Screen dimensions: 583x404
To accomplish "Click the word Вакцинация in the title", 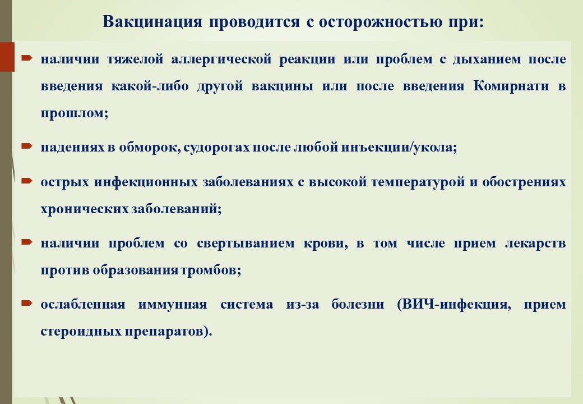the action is pos(152,22).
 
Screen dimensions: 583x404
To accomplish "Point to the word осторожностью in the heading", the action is pos(381,22).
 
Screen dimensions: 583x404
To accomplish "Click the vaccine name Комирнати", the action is pos(511,86).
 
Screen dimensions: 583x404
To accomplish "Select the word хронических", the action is pos(85,209).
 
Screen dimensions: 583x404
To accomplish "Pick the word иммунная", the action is pos(173,305).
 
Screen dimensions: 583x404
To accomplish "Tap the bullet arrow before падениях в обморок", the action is pos(27,146).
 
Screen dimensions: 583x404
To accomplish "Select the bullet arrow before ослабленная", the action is pos(27,303).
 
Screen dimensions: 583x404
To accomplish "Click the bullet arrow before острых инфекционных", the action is pos(27,181).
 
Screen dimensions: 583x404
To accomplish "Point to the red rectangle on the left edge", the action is pos(7,57).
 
